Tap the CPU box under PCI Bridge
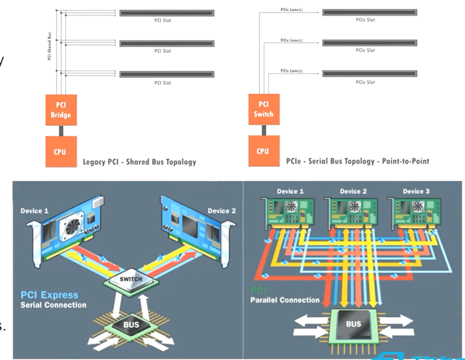pyautogui.click(x=61, y=151)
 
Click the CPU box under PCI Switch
pyautogui.click(x=263, y=151)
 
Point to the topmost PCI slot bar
pyautogui.click(x=167, y=13)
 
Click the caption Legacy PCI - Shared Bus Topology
pyautogui.click(x=140, y=161)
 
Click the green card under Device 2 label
pyautogui.click(x=350, y=215)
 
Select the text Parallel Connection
pyautogui.click(x=285, y=300)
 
